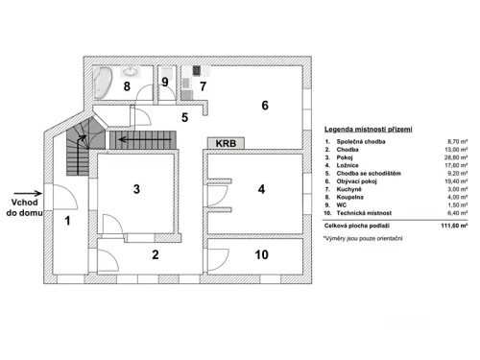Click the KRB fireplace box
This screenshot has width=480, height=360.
coord(227,143)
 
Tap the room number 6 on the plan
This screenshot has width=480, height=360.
coord(265,106)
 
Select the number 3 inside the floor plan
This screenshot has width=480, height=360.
coord(136,190)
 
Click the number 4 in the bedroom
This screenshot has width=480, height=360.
coord(260,190)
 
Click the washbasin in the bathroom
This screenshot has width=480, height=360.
coord(131,71)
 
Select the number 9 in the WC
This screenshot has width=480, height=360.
coord(165,84)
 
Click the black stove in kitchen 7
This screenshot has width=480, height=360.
coord(198,70)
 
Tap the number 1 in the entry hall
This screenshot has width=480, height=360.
coord(67,221)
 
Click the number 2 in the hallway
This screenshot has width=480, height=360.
coord(154,254)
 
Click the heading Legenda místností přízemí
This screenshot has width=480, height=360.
coord(369,129)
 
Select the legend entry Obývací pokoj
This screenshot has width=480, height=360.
coord(360,180)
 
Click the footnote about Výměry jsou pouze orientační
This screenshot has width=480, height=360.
coord(364,236)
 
